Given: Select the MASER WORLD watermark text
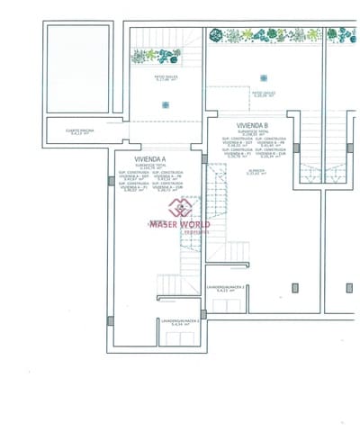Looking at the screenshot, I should pos(180,223).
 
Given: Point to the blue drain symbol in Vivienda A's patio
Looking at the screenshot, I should pos(165,105).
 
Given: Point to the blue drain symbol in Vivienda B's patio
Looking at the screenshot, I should pos(264,77).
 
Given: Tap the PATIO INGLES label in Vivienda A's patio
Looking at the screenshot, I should pos(166,79).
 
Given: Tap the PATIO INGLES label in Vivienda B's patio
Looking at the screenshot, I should pos(264,93).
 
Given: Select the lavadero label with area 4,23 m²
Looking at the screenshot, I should pos(226,289).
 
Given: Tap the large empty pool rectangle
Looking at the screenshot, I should pos(78,68).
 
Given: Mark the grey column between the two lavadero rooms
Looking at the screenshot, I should pos(203,314).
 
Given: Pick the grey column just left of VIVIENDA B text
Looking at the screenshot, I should pos(204,158).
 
